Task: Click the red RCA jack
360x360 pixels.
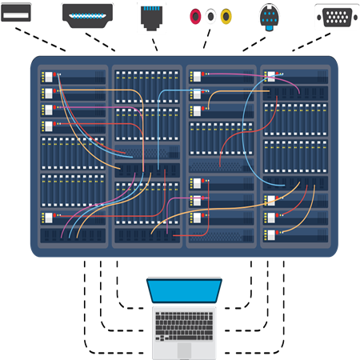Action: (194, 16)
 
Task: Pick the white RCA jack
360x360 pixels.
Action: (210, 16)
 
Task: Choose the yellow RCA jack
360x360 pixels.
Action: (226, 16)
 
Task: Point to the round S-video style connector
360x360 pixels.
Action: (270, 17)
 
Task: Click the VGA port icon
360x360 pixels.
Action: (336, 16)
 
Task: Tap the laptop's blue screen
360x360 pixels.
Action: (184, 290)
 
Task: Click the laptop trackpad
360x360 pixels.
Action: (184, 350)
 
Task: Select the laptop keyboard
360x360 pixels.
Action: (184, 324)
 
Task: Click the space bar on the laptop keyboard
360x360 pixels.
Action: (184, 336)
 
